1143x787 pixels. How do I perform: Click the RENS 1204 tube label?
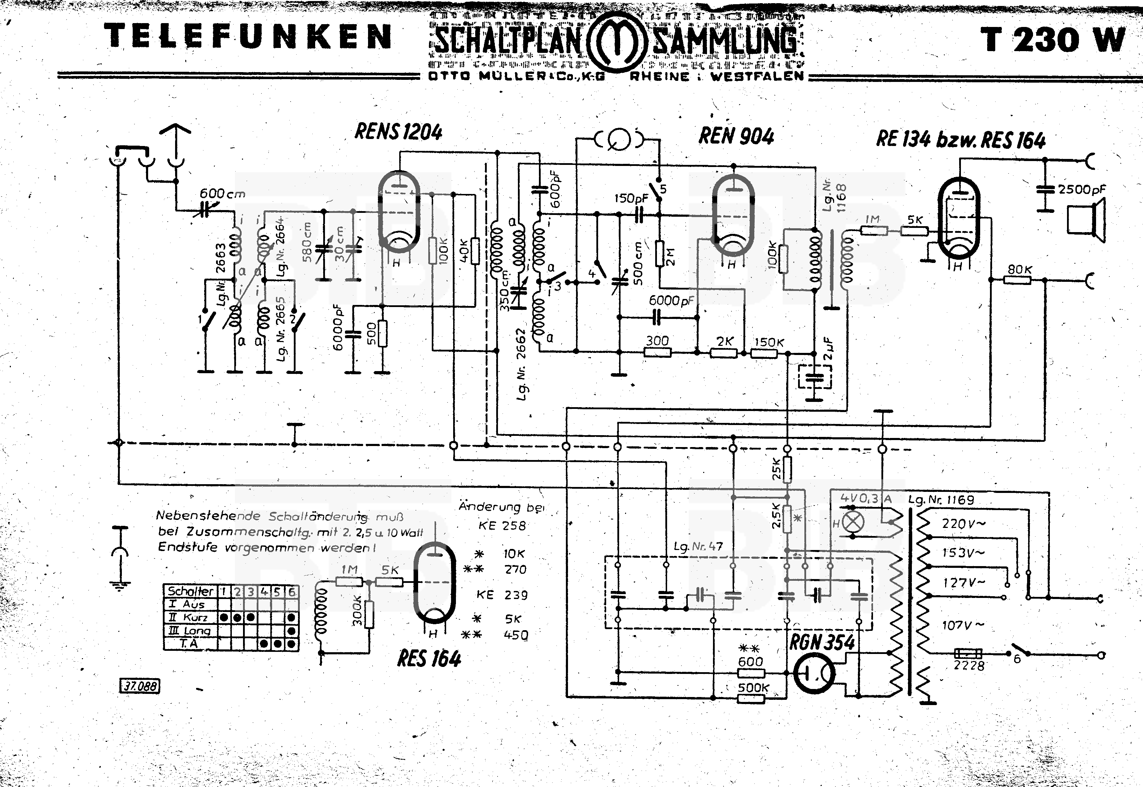(x=399, y=132)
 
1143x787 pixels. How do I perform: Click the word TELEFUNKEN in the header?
(x=248, y=37)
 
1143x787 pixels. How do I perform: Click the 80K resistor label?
(x=1019, y=269)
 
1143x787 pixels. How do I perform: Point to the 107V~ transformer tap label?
(x=963, y=625)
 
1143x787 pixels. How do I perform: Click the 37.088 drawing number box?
(x=140, y=686)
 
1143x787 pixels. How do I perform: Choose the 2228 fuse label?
(x=969, y=666)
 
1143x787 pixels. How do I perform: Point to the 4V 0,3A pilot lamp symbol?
(x=853, y=521)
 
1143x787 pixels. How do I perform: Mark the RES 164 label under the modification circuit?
(x=429, y=659)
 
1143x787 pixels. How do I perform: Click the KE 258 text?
(x=502, y=525)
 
